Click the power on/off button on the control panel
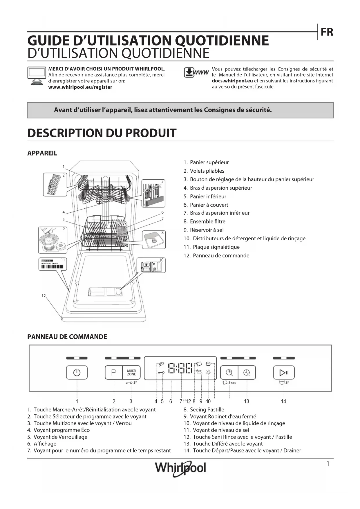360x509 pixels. (77, 372)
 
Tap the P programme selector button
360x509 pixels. (114, 372)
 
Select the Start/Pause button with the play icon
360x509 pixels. (284, 372)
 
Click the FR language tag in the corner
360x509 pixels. (327, 32)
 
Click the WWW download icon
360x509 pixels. (196, 73)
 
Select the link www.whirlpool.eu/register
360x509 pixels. (80, 87)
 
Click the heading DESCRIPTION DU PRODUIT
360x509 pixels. (102, 133)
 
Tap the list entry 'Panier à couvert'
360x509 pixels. (209, 205)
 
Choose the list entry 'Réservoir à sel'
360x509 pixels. (207, 230)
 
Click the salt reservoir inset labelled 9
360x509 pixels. (53, 240)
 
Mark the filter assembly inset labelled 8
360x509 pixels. (154, 239)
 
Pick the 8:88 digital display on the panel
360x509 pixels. (180, 368)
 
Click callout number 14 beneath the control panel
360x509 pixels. (283, 401)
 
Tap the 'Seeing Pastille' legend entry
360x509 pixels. (207, 410)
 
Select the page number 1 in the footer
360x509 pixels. (328, 464)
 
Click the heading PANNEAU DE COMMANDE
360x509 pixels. (67, 337)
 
